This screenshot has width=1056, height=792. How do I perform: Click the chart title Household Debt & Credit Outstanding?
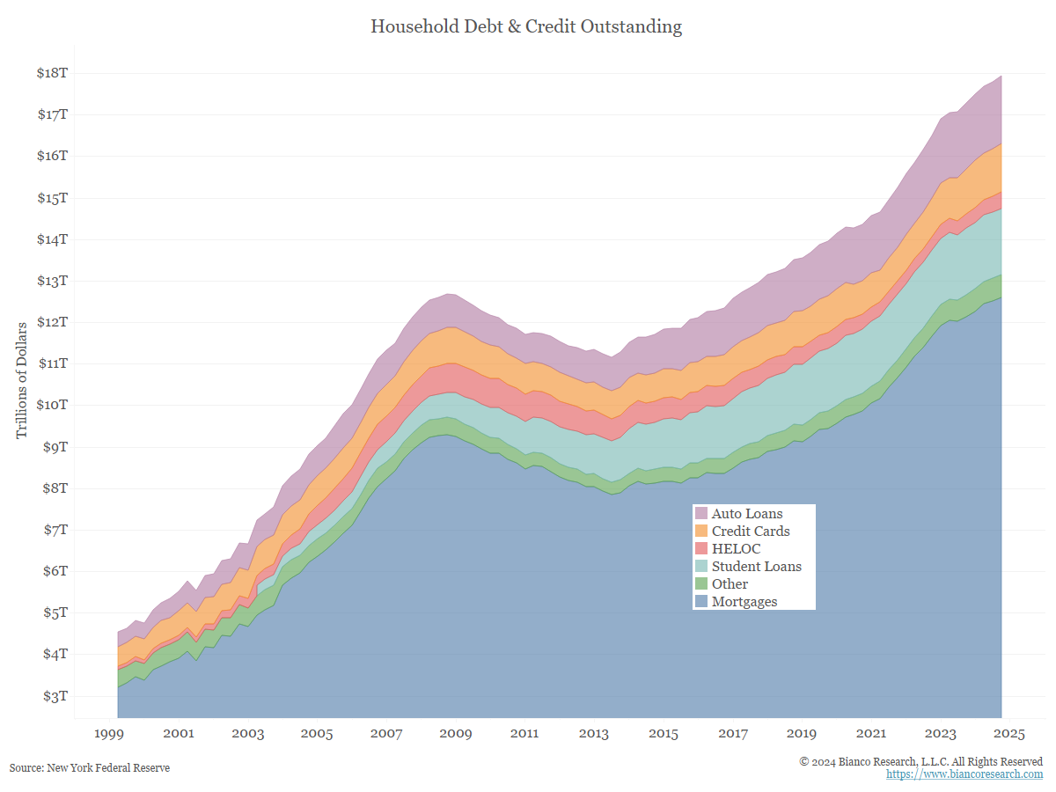click(526, 26)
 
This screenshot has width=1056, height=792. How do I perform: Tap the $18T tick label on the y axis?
click(51, 73)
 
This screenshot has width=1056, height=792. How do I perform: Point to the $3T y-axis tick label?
click(52, 696)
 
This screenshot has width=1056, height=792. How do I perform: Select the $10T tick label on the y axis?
click(51, 405)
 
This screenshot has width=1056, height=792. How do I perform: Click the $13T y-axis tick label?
click(51, 281)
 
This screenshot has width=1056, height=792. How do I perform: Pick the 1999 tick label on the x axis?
click(109, 734)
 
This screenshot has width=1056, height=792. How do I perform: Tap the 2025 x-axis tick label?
click(1009, 734)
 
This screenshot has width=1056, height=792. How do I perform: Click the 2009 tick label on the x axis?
click(456, 734)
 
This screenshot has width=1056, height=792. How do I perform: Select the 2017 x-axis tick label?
click(733, 734)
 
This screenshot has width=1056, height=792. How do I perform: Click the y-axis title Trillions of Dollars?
click(22, 380)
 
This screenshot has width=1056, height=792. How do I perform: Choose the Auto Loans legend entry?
click(746, 514)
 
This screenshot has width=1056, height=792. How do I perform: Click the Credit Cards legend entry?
click(750, 532)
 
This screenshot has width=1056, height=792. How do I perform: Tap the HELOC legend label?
click(736, 549)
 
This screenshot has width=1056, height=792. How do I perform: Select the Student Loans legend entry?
click(756, 567)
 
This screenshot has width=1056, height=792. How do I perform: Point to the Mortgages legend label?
click(744, 602)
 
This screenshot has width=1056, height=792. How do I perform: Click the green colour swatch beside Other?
click(701, 584)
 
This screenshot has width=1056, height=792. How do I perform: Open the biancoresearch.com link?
click(964, 774)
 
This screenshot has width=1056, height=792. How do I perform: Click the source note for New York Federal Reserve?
click(90, 768)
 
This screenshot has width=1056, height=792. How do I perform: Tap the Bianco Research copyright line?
click(920, 761)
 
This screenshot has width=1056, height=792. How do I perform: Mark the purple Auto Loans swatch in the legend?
click(701, 514)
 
